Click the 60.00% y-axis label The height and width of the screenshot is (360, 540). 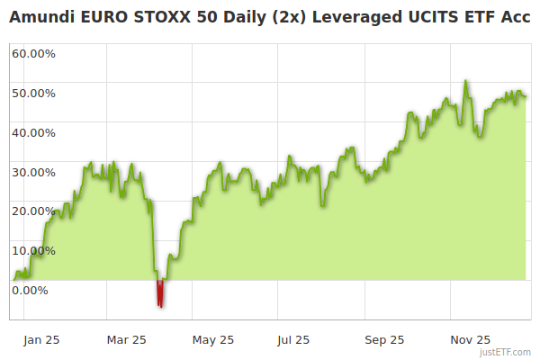tap(33, 53)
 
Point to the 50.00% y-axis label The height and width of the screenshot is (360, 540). tap(33, 93)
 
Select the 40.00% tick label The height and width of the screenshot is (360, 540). tap(33, 132)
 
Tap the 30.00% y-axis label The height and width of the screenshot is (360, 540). tap(33, 172)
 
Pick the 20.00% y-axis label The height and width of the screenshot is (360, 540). tap(33, 211)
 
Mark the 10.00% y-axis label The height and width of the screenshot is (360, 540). tap(33, 250)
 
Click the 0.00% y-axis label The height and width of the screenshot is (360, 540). tap(30, 290)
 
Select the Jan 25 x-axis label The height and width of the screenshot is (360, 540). tap(41, 340)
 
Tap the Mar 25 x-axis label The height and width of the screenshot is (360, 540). tap(126, 340)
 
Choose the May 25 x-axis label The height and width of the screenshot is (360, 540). tap(213, 340)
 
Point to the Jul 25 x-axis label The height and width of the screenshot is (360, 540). tap(293, 340)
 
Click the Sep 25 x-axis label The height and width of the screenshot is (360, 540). tap(384, 340)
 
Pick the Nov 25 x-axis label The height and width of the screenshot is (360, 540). tap(471, 340)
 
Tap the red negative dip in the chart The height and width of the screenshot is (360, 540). tap(160, 294)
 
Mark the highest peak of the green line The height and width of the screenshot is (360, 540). tap(465, 81)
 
